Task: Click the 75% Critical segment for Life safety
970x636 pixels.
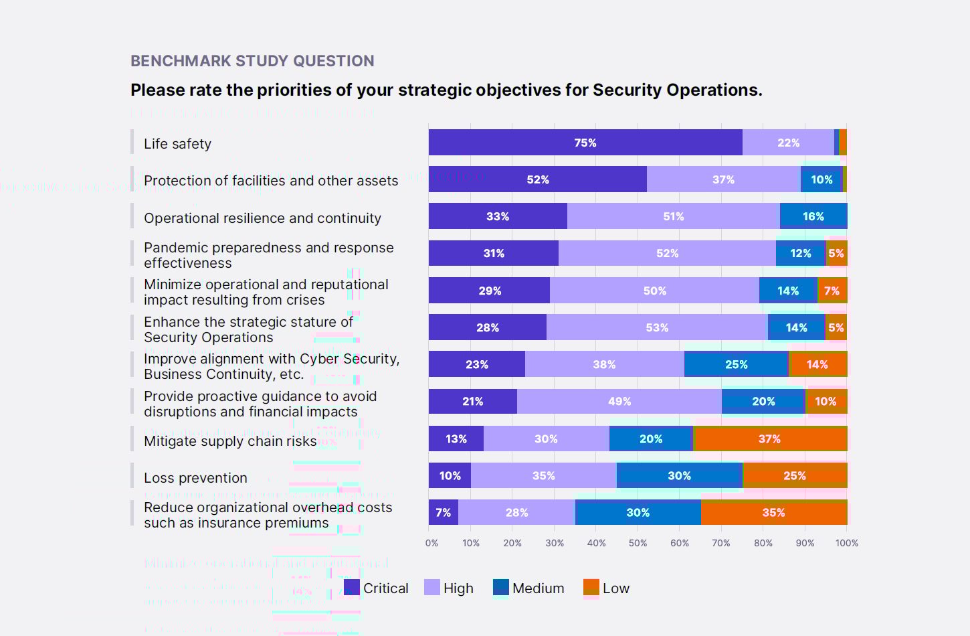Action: pyautogui.click(x=585, y=143)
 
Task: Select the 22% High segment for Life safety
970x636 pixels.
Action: pyautogui.click(x=788, y=143)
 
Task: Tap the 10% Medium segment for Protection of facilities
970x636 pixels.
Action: pyautogui.click(x=821, y=179)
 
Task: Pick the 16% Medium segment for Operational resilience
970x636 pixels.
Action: pyautogui.click(x=813, y=216)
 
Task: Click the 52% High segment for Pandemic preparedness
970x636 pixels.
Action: pyautogui.click(x=667, y=253)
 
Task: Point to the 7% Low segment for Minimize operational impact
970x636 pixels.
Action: pyautogui.click(x=832, y=291)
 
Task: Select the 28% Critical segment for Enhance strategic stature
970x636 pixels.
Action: pyautogui.click(x=488, y=327)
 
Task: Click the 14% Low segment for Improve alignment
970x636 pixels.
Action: pyautogui.click(x=817, y=364)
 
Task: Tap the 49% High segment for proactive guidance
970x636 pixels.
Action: pyautogui.click(x=619, y=401)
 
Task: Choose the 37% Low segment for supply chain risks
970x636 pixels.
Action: pyautogui.click(x=770, y=439)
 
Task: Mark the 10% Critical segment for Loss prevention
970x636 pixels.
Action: pyautogui.click(x=450, y=475)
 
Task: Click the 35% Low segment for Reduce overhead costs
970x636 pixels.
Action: pyautogui.click(x=774, y=512)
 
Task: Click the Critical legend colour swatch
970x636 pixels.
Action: pyautogui.click(x=352, y=588)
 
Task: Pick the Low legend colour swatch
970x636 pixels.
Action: pyautogui.click(x=591, y=588)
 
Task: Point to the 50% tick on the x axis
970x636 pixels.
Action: pyautogui.click(x=638, y=543)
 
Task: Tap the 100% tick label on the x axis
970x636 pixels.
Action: pyautogui.click(x=847, y=543)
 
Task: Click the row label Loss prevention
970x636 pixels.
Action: pyautogui.click(x=195, y=478)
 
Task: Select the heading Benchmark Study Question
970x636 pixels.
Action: pyautogui.click(x=252, y=61)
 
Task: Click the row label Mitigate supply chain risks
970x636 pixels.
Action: pyautogui.click(x=230, y=441)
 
